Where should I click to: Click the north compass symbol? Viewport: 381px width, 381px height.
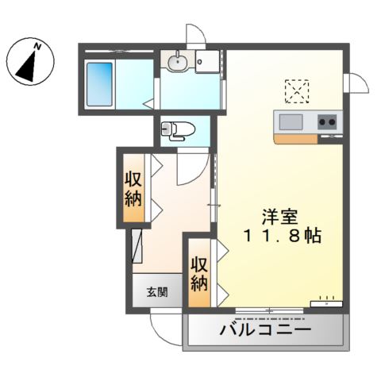point(31,63)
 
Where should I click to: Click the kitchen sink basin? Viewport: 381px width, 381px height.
point(291,121)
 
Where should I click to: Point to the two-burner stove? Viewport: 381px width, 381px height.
point(327,121)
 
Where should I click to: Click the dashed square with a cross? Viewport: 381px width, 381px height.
point(298,90)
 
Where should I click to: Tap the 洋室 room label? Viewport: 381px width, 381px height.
point(279,214)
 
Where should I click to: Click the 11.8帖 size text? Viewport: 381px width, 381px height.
point(281,237)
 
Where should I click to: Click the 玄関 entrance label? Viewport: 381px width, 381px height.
point(156,291)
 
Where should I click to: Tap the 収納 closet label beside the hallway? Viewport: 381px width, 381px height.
point(133,189)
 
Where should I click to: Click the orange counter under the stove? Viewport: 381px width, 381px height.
point(298,138)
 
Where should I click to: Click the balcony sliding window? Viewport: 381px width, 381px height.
point(270,308)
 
